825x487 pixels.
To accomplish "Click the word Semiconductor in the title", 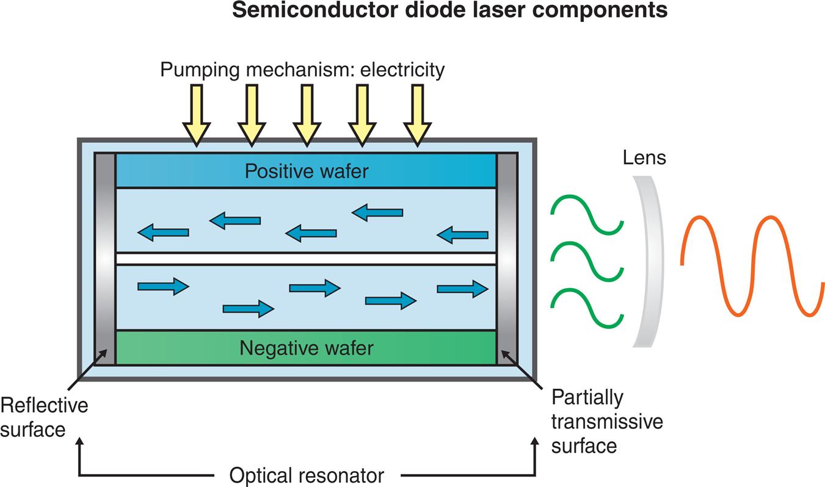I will tap(303, 11).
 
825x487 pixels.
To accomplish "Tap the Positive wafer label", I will tap(307, 171).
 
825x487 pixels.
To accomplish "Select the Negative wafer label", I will tap(306, 348).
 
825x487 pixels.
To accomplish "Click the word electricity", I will tap(393, 70).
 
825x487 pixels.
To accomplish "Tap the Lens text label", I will tap(644, 158).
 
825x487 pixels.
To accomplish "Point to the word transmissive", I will tap(607, 422).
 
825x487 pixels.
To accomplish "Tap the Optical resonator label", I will tap(307, 475).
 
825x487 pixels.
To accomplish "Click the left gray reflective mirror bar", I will tap(105, 259).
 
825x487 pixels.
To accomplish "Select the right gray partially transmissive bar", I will tap(507, 259).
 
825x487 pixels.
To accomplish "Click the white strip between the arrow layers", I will tap(305, 259).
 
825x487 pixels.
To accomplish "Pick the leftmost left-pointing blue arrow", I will tap(163, 232).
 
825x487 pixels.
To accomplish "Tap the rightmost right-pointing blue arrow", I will tap(462, 289).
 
